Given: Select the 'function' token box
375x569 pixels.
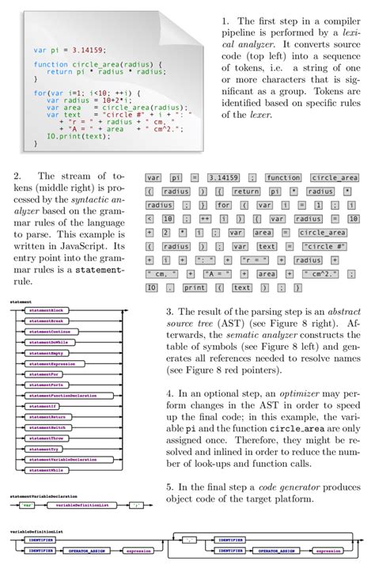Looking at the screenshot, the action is pyautogui.click(x=282, y=178).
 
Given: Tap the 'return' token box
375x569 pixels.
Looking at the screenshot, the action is pyautogui.click(x=246, y=192).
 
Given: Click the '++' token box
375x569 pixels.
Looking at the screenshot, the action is pyautogui.click(x=203, y=218).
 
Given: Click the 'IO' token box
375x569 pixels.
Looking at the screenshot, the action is pyautogui.click(x=154, y=287).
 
